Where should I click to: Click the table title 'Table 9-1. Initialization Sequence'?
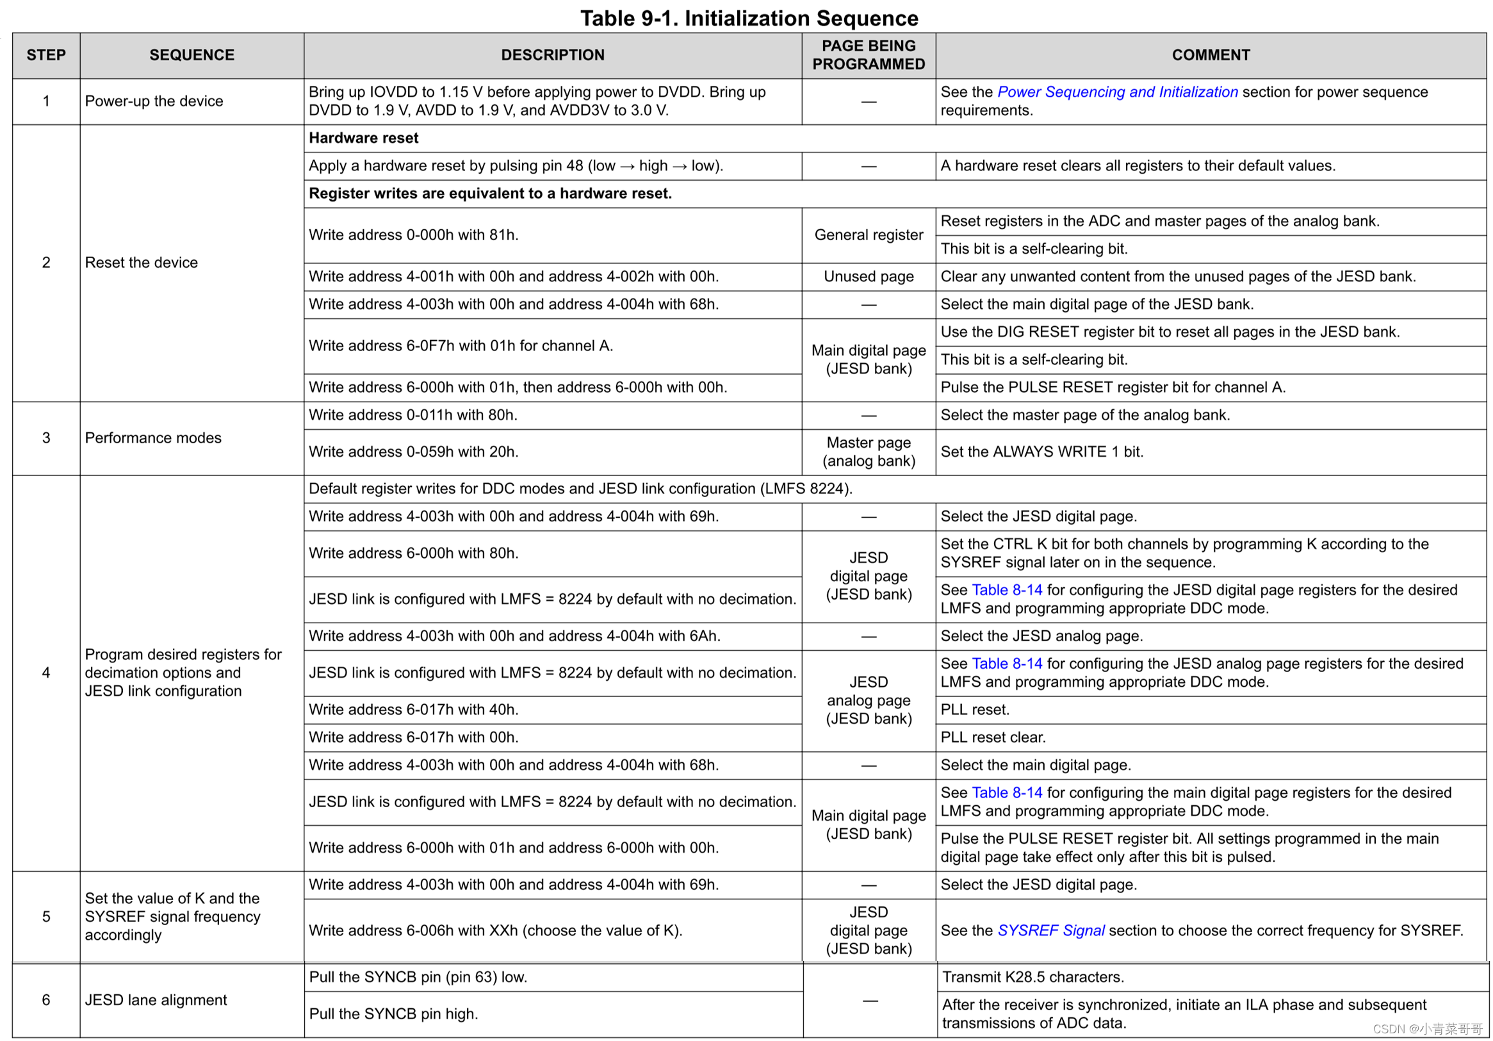(749, 18)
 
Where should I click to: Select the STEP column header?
(46, 55)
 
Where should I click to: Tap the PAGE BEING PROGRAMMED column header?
(868, 55)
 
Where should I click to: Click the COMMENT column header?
(1210, 55)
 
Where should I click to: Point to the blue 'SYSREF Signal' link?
(1050, 930)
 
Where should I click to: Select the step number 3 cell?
(46, 438)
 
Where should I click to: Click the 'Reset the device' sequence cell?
(141, 263)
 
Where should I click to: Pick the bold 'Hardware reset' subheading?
(364, 138)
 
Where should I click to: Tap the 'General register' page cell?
(868, 235)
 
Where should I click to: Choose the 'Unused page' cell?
(868, 277)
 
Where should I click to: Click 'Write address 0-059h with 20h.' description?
(414, 452)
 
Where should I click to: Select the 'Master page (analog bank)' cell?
(868, 452)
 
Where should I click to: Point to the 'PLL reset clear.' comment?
(993, 737)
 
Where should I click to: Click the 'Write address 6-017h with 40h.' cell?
(414, 710)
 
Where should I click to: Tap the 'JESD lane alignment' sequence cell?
(156, 1000)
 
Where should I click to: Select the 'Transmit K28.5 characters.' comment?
(1032, 978)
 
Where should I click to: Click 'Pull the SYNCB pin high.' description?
(393, 1014)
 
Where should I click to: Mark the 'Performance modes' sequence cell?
(153, 438)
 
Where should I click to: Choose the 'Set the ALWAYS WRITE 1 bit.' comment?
(1041, 452)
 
